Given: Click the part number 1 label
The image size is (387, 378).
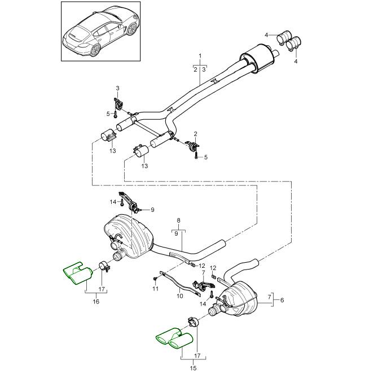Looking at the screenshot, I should (x=200, y=57).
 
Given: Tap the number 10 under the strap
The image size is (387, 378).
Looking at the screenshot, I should (x=179, y=296).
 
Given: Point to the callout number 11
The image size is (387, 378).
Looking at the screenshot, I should (x=155, y=289).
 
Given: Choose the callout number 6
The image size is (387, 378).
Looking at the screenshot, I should (x=282, y=301).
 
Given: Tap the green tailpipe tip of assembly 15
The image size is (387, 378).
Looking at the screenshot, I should (x=175, y=337).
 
